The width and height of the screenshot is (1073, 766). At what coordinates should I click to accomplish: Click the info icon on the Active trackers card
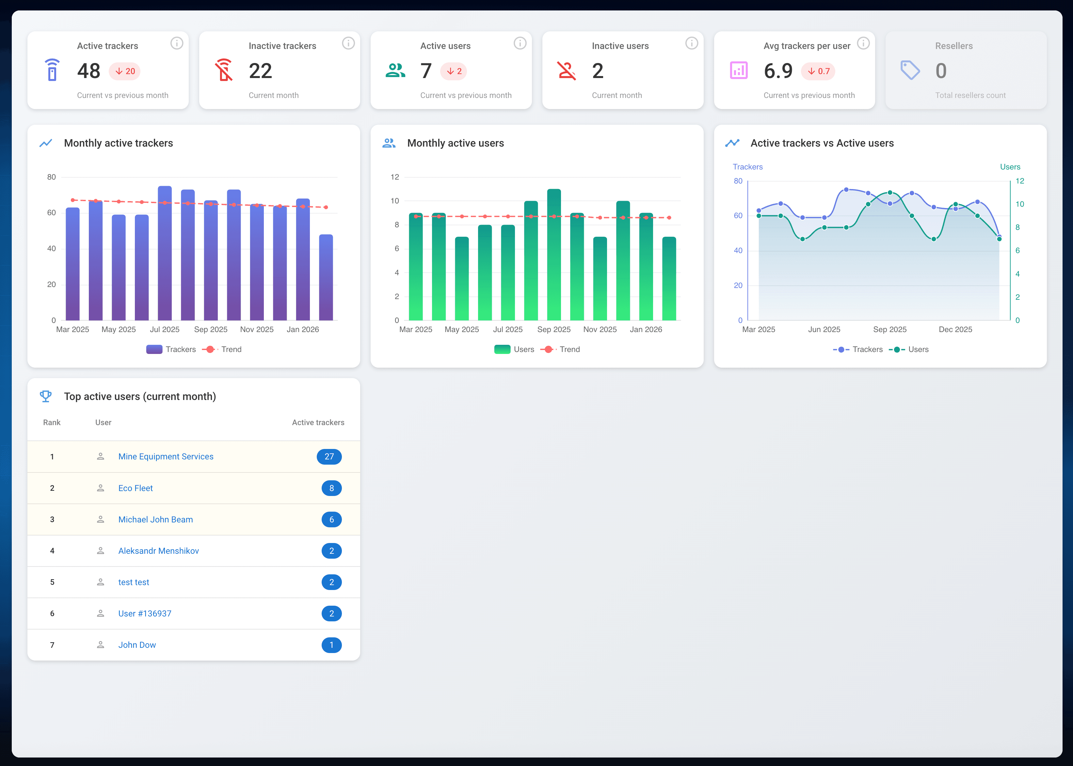[176, 43]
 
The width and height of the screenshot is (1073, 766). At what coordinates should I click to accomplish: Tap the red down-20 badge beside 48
[124, 71]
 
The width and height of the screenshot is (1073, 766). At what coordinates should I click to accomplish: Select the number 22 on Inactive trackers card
[260, 71]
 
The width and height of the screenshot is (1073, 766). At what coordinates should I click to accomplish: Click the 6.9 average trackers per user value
[778, 71]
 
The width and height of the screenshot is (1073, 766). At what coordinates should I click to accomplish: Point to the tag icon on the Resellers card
[910, 70]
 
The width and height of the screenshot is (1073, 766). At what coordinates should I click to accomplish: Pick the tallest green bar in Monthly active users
[554, 255]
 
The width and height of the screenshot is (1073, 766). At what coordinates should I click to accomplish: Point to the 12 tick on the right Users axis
[1020, 181]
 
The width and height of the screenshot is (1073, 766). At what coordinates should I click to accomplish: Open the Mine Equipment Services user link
[166, 456]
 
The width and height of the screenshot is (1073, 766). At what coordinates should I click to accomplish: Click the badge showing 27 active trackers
[329, 456]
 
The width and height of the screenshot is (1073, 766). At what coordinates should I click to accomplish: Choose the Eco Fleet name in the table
[136, 488]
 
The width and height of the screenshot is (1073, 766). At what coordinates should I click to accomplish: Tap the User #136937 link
[144, 614]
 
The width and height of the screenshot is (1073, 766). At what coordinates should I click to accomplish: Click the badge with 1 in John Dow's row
[331, 645]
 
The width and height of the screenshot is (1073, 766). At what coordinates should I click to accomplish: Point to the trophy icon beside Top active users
[46, 396]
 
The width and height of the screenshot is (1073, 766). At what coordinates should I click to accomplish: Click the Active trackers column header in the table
[318, 423]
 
